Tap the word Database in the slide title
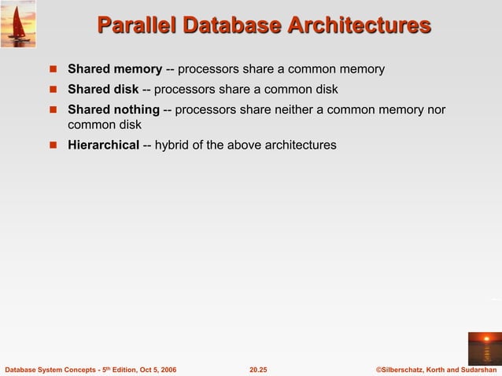(x=230, y=26)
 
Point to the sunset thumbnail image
(x=484, y=347)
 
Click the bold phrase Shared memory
(x=115, y=70)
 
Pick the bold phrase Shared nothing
(x=113, y=109)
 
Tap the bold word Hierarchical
(x=103, y=145)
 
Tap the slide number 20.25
(x=258, y=369)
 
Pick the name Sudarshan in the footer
(x=475, y=369)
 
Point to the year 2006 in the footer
(x=167, y=369)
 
